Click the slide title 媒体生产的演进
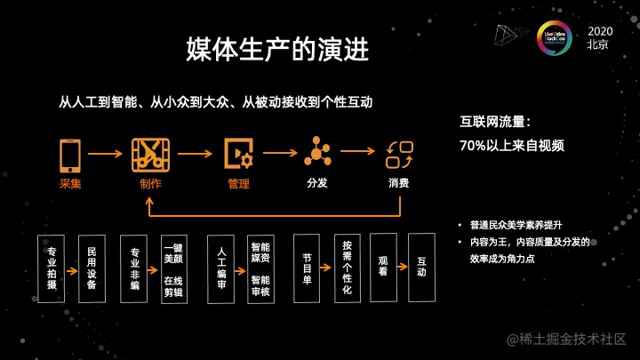coord(276,50)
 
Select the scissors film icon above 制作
coord(150,154)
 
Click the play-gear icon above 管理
coord(238,154)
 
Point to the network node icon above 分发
coord(317,152)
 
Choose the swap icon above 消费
coord(399,154)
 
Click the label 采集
coord(70,184)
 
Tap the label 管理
coord(238,184)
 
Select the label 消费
coord(398,184)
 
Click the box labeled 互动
coord(421,266)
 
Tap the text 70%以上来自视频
coord(512,145)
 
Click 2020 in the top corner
coord(600,31)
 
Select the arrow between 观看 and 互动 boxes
coord(402,266)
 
